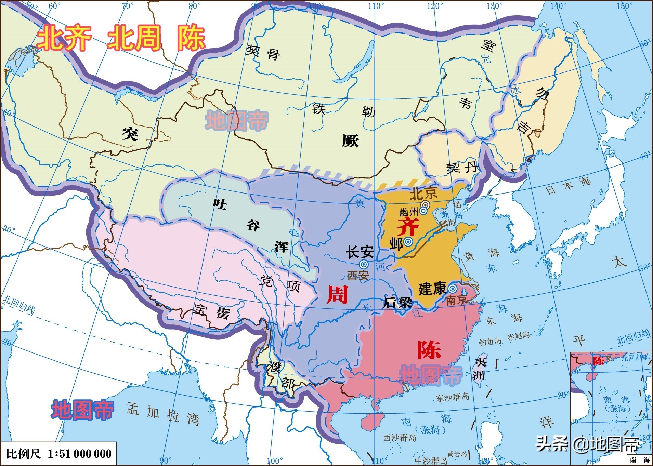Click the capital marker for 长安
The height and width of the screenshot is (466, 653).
[x=364, y=264]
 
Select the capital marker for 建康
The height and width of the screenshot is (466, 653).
[x=453, y=288]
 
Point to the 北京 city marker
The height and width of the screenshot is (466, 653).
[x=426, y=205]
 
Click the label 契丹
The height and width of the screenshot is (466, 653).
[x=462, y=168]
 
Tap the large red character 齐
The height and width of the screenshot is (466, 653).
[x=408, y=227]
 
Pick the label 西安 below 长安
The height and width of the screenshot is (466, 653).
[x=358, y=276]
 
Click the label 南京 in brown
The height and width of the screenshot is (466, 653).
[x=456, y=300]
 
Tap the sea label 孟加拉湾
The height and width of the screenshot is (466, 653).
[x=163, y=414]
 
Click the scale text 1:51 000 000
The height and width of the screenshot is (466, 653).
[x=79, y=454]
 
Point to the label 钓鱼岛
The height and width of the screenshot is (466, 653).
[x=490, y=342]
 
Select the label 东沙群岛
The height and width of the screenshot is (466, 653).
[x=453, y=398]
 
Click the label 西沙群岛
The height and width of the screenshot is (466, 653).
[x=399, y=438]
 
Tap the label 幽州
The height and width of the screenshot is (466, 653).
[x=408, y=212]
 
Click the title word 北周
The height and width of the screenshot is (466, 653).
[x=134, y=38]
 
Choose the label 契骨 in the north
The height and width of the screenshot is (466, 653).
[x=263, y=52]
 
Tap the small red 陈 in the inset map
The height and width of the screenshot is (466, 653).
[x=599, y=361]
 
